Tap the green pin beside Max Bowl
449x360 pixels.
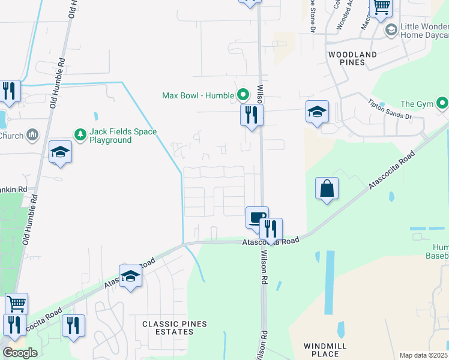click(243, 95)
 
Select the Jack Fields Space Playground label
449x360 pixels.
click(110, 136)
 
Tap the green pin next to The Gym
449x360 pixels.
click(442, 103)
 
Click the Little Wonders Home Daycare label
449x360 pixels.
click(424, 31)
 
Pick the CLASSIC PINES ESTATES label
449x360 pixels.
click(174, 328)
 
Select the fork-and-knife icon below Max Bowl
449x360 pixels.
click(252, 114)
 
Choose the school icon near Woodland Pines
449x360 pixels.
click(317, 112)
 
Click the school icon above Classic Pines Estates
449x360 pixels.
click(130, 276)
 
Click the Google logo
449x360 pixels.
click(20, 353)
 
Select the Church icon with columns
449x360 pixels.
click(32, 134)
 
